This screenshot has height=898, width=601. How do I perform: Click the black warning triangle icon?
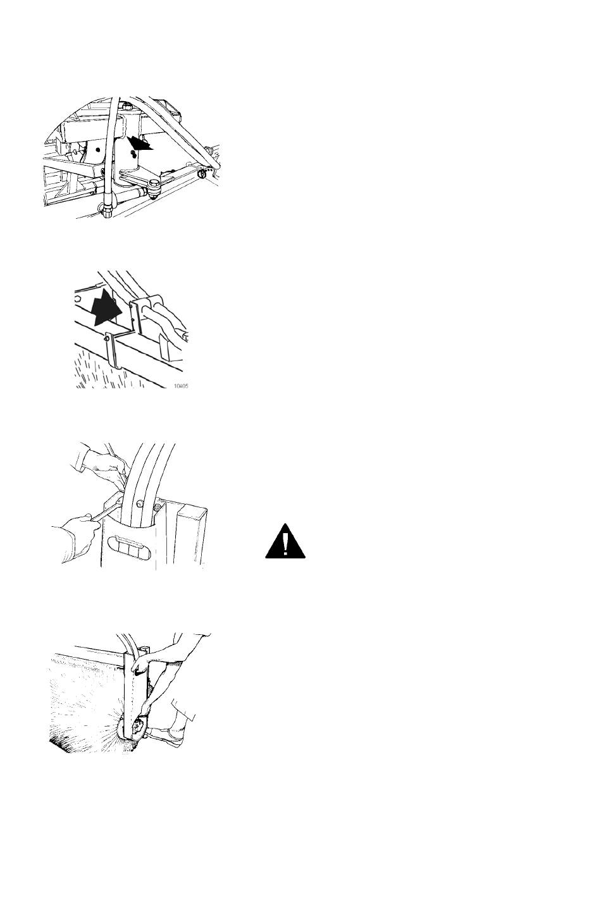(285, 542)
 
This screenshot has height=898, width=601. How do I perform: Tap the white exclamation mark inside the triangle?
(285, 543)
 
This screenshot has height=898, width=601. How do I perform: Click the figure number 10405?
(181, 386)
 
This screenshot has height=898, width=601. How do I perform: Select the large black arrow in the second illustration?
(105, 307)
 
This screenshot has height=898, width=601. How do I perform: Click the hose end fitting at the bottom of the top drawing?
(106, 209)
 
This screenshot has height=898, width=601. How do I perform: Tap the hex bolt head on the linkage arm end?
(155, 183)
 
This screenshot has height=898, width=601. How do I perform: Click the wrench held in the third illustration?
(106, 509)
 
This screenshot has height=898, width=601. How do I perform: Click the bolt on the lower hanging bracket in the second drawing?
(106, 339)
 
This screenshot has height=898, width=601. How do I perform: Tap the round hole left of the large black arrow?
(77, 298)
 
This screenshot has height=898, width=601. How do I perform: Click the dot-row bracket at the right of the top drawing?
(205, 173)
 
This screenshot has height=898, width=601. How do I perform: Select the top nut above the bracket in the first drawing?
(127, 107)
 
